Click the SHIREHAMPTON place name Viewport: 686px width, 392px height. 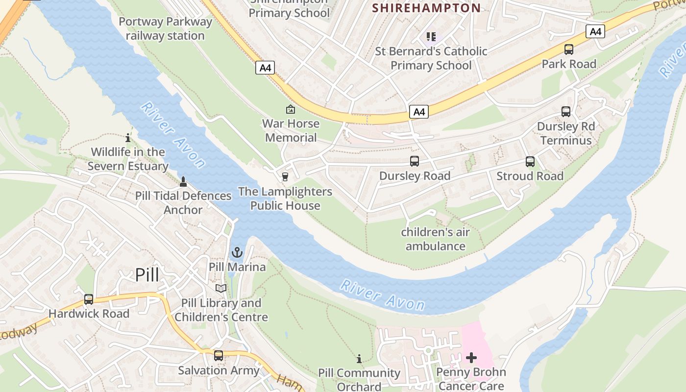pyautogui.click(x=426, y=8)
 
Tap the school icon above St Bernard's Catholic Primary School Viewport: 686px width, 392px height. pyautogui.click(x=431, y=37)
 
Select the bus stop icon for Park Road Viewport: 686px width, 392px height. pyautogui.click(x=569, y=49)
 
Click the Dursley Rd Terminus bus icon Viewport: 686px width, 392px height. pyautogui.click(x=566, y=112)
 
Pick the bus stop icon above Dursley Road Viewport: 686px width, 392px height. pyautogui.click(x=415, y=161)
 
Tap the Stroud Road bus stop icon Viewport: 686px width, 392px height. pyautogui.click(x=530, y=162)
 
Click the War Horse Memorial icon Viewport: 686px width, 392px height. pyautogui.click(x=291, y=109)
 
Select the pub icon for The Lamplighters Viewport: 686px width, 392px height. pyautogui.click(x=285, y=177)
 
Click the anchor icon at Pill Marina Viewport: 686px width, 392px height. pyautogui.click(x=237, y=253)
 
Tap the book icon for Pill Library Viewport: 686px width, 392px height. pyautogui.click(x=221, y=289)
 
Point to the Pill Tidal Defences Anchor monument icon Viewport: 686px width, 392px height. pyautogui.click(x=183, y=182)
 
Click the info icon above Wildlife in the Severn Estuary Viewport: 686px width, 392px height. pyautogui.click(x=128, y=138)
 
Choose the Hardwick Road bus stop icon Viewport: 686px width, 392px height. pyautogui.click(x=89, y=299)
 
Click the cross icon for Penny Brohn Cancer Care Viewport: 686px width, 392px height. pyautogui.click(x=471, y=358)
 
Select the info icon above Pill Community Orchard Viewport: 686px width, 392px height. pyautogui.click(x=359, y=359)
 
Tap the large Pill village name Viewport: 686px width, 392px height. pyautogui.click(x=147, y=275)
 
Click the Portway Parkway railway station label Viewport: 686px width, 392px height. pyautogui.click(x=166, y=29)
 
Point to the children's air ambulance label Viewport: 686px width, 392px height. pyautogui.click(x=435, y=239)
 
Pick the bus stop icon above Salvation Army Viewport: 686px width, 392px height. pyautogui.click(x=219, y=356)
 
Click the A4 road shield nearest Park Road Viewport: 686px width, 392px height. pyautogui.click(x=595, y=32)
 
